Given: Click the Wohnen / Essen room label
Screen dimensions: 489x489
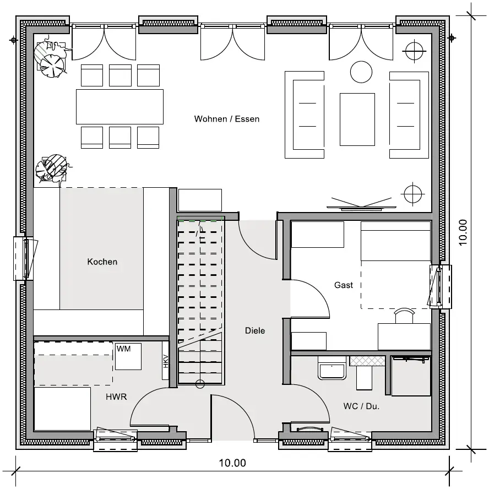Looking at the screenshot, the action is pyautogui.click(x=227, y=119).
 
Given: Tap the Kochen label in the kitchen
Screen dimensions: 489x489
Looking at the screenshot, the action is pyautogui.click(x=102, y=262).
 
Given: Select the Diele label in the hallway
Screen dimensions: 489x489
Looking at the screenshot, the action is pyautogui.click(x=255, y=330).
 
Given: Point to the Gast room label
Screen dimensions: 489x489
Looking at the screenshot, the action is pyautogui.click(x=344, y=285).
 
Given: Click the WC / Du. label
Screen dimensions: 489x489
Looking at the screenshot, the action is pyautogui.click(x=361, y=406).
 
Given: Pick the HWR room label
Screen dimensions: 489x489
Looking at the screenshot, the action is pyautogui.click(x=116, y=396).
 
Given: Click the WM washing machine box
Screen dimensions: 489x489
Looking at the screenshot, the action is pyautogui.click(x=128, y=356).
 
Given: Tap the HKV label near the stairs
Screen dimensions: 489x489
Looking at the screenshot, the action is pyautogui.click(x=166, y=361).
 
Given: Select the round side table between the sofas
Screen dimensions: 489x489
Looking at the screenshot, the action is pyautogui.click(x=361, y=72).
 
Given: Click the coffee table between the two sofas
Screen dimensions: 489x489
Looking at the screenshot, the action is pyautogui.click(x=357, y=119).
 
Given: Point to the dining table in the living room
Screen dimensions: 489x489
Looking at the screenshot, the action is pyautogui.click(x=119, y=107).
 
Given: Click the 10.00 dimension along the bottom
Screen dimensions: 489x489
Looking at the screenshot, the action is pyautogui.click(x=232, y=463).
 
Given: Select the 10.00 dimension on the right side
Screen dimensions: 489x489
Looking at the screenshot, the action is pyautogui.click(x=463, y=232).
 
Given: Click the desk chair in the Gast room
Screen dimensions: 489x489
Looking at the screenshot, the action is pyautogui.click(x=404, y=316).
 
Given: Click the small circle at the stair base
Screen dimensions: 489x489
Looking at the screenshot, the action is pyautogui.click(x=200, y=384).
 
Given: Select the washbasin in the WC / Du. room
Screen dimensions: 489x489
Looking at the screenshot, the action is pyautogui.click(x=332, y=368).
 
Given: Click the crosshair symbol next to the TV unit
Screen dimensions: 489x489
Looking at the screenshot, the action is pyautogui.click(x=413, y=194).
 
